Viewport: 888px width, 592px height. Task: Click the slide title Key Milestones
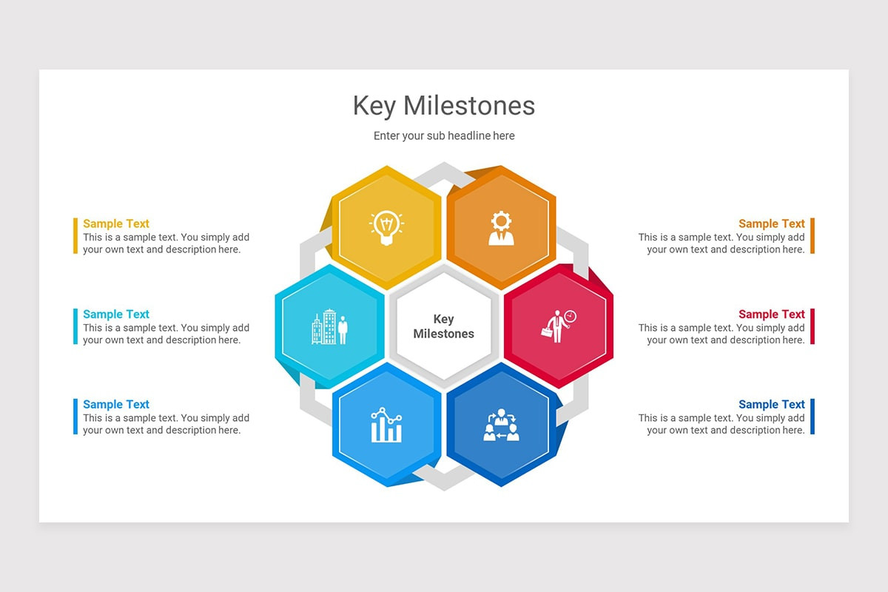coord(444,106)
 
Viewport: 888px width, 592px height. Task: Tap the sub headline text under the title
coord(444,136)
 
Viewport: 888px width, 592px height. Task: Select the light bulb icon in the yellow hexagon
coord(386,227)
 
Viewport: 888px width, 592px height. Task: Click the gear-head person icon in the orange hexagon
coord(501,228)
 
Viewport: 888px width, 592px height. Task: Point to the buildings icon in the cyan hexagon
coord(329,328)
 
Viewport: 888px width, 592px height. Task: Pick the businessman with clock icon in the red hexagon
coord(558,326)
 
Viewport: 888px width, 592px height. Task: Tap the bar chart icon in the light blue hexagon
coord(386,425)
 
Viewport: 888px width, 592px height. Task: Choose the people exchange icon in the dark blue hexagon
coord(501,425)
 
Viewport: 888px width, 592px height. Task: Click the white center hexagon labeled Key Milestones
coord(443,326)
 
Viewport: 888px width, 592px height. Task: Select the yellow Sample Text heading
coord(116,223)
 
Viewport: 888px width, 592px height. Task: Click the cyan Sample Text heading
coord(116,314)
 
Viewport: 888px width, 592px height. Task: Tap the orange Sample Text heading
coord(771,223)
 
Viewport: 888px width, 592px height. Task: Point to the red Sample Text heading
coord(771,314)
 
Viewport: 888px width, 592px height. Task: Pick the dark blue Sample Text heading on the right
coord(771,404)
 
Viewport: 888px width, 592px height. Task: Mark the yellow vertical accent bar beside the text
coord(75,236)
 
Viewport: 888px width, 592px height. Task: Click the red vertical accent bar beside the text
coord(812,326)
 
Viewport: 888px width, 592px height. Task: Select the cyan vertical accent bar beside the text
coord(75,326)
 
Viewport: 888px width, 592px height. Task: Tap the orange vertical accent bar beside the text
coord(812,236)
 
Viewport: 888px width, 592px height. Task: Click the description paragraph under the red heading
coord(721,334)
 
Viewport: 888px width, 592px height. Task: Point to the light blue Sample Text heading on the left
coord(116,404)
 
